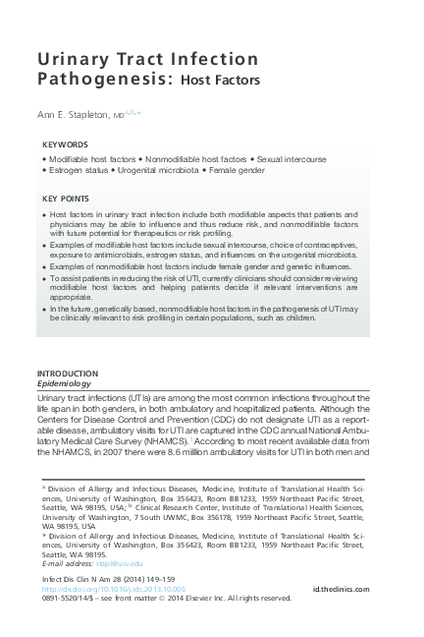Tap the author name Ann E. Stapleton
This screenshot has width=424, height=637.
pos(82,114)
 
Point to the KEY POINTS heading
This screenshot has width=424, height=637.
pos(66,199)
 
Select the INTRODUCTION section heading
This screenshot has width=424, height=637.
pos(67,375)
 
